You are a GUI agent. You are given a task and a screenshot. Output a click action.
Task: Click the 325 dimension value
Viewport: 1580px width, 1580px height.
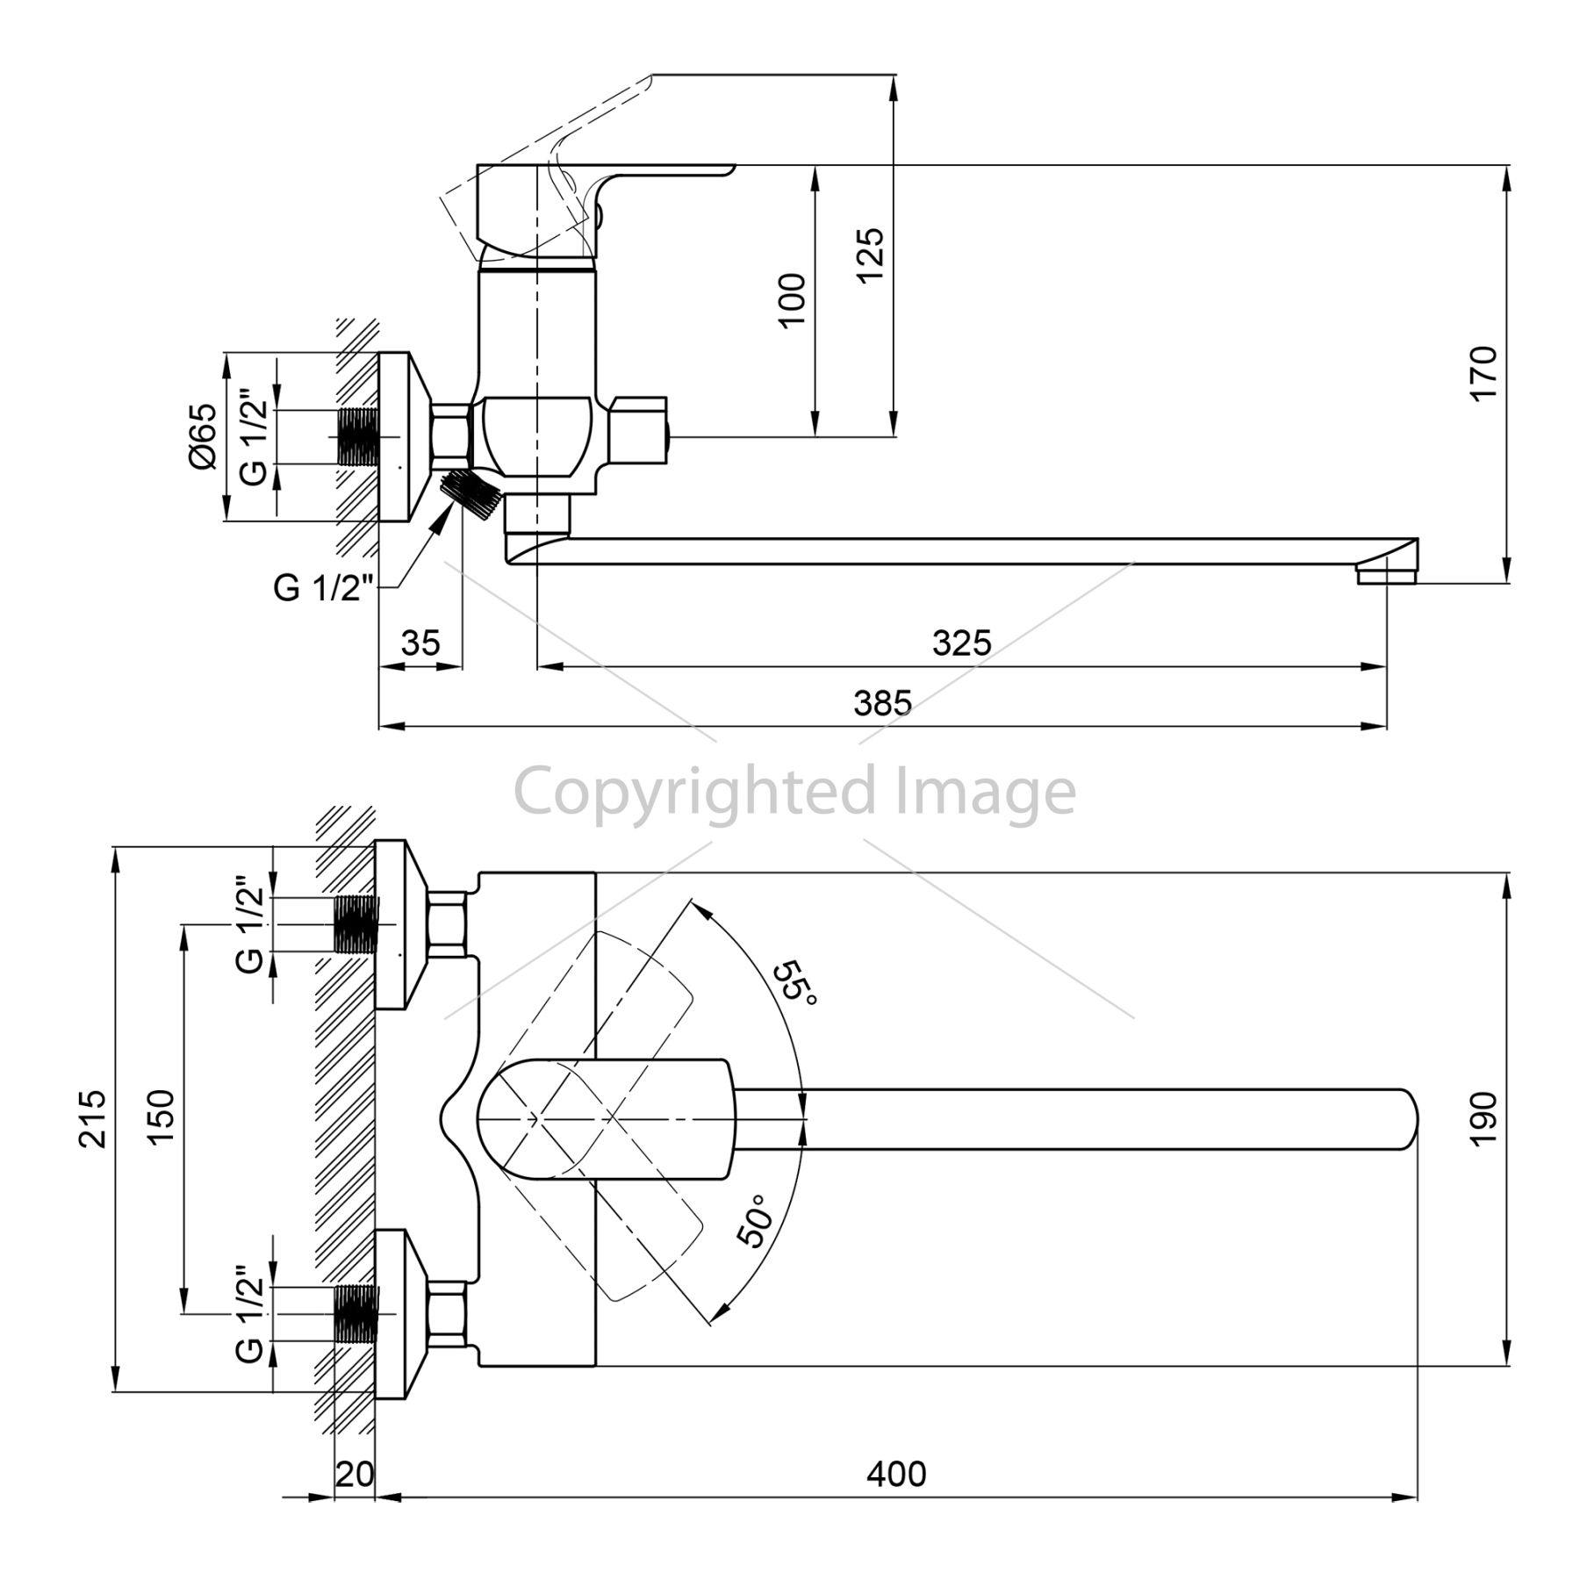[x=961, y=643]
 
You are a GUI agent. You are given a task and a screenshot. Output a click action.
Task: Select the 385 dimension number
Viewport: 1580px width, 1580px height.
[x=883, y=703]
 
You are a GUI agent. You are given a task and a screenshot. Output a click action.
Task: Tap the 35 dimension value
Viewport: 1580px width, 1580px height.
[x=420, y=643]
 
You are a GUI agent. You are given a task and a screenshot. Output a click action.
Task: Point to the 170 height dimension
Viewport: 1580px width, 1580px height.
[x=1483, y=373]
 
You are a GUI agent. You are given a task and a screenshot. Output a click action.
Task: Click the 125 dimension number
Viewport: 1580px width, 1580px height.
[x=870, y=255]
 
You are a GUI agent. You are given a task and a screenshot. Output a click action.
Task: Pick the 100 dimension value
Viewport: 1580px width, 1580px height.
[x=792, y=300]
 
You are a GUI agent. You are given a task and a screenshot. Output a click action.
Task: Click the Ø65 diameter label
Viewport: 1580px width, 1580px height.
[x=203, y=436]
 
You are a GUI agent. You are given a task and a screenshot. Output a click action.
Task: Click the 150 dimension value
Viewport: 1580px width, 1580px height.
[x=161, y=1118]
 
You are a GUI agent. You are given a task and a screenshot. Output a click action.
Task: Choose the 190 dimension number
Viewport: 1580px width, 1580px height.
[x=1483, y=1119]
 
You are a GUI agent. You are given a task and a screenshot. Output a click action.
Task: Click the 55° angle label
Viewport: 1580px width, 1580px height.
[x=796, y=985]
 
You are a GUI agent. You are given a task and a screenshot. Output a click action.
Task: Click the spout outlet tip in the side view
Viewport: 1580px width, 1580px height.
[x=1387, y=576]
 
